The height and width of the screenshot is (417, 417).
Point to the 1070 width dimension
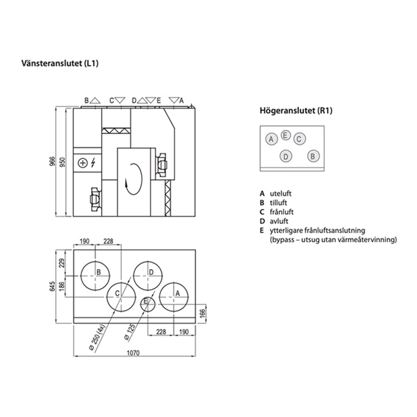coord(132,353)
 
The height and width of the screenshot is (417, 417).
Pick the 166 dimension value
coord(202,313)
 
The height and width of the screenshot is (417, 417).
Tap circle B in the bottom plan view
coord(98,272)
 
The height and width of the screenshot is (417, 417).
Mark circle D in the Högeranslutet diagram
coord(285,156)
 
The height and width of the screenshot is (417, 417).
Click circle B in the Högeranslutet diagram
coord(312,156)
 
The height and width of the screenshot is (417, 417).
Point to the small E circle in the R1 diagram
coord(285,135)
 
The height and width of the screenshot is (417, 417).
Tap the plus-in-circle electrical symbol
coord(83,163)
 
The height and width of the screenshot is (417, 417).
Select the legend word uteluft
coord(281,193)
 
